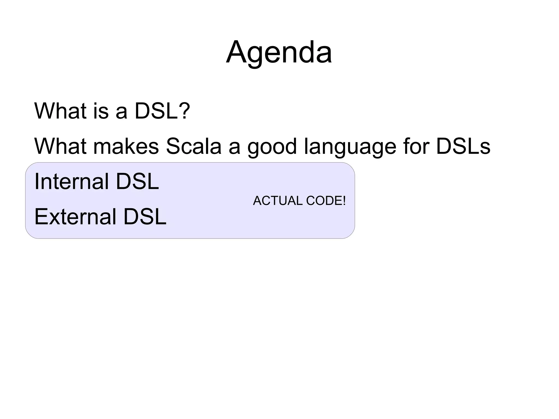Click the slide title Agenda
tap(279, 52)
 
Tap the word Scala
tap(193, 146)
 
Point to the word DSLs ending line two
tap(463, 146)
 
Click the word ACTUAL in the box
tap(278, 201)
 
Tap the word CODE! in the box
tap(326, 201)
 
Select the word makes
tap(126, 146)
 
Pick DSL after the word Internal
tap(137, 181)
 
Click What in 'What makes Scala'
tap(60, 146)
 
